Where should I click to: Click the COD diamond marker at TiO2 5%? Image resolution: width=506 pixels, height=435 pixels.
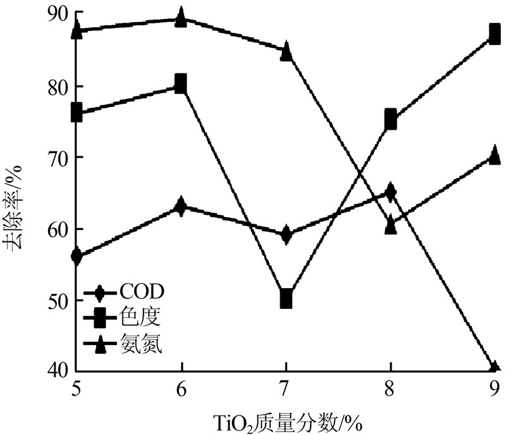[x=77, y=256]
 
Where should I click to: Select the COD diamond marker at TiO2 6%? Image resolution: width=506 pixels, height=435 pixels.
[x=182, y=206]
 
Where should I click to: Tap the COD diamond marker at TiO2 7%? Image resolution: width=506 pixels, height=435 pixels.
[x=287, y=234]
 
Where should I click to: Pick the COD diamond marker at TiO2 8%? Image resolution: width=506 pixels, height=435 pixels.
[x=391, y=191]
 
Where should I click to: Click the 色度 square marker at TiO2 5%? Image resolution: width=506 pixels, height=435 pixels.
[x=77, y=113]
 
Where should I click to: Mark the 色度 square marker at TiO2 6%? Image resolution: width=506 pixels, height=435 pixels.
[x=182, y=84]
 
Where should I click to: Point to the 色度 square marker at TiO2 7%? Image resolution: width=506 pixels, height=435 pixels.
[x=287, y=298]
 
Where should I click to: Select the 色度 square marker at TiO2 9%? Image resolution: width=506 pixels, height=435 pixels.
[x=495, y=34]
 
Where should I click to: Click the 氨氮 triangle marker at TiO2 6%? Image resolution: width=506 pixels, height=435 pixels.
[x=182, y=17]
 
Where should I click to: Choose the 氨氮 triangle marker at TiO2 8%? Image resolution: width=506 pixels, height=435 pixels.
[x=391, y=225]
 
